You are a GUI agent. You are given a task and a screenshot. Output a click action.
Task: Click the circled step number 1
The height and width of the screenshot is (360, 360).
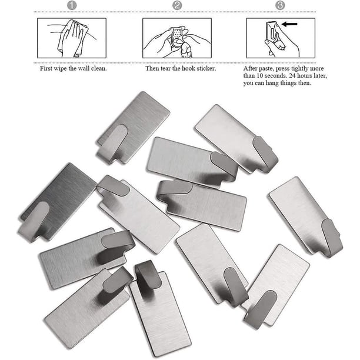click(72, 5)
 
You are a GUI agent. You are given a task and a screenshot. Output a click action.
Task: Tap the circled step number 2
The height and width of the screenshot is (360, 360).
click(177, 5)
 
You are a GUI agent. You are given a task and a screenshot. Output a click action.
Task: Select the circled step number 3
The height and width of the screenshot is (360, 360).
click(280, 5)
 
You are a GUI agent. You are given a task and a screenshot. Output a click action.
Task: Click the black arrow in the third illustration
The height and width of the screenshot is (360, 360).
click(289, 24)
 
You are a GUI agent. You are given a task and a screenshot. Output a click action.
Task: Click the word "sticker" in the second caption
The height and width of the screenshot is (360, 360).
click(206, 68)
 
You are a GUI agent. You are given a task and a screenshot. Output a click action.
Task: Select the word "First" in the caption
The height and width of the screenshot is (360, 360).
click(46, 68)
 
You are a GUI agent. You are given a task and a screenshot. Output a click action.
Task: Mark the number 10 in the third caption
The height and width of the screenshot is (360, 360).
click(259, 76)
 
